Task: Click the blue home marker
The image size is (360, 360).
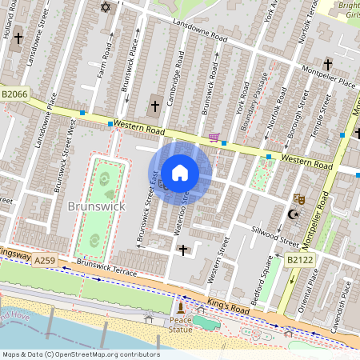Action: coord(180,173)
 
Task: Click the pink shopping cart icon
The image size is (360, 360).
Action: coord(214,138)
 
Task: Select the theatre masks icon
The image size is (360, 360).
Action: coord(300,198)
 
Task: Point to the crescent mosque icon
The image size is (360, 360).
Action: coord(293,214)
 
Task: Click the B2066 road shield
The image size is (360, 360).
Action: coord(14,94)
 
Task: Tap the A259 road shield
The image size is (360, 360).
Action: coord(45,259)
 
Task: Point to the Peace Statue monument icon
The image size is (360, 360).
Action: coord(181,307)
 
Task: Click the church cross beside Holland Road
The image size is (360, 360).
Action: coord(18,38)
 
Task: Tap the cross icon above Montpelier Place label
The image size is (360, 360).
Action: coord(327,64)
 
